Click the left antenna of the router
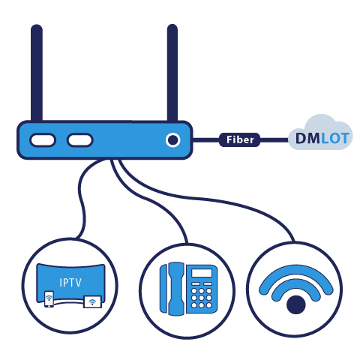pyautogui.click(x=37, y=73)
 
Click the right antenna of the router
pyautogui.click(x=172, y=73)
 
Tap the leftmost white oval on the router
pyautogui.click(x=43, y=140)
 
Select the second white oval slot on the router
pyautogui.click(x=80, y=140)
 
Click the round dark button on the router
pyautogui.click(x=172, y=139)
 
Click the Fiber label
pyautogui.click(x=240, y=139)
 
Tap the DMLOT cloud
pyautogui.click(x=321, y=133)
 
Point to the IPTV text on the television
pyautogui.click(x=70, y=283)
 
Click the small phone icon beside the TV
pyautogui.click(x=49, y=298)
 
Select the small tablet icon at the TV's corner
pyautogui.click(x=92, y=302)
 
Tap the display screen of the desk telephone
pyautogui.click(x=202, y=273)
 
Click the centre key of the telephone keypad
pyautogui.click(x=202, y=298)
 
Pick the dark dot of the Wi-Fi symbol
pyautogui.click(x=296, y=304)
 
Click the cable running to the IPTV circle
pyautogui.click(x=81, y=197)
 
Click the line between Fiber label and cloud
pyautogui.click(x=274, y=140)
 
